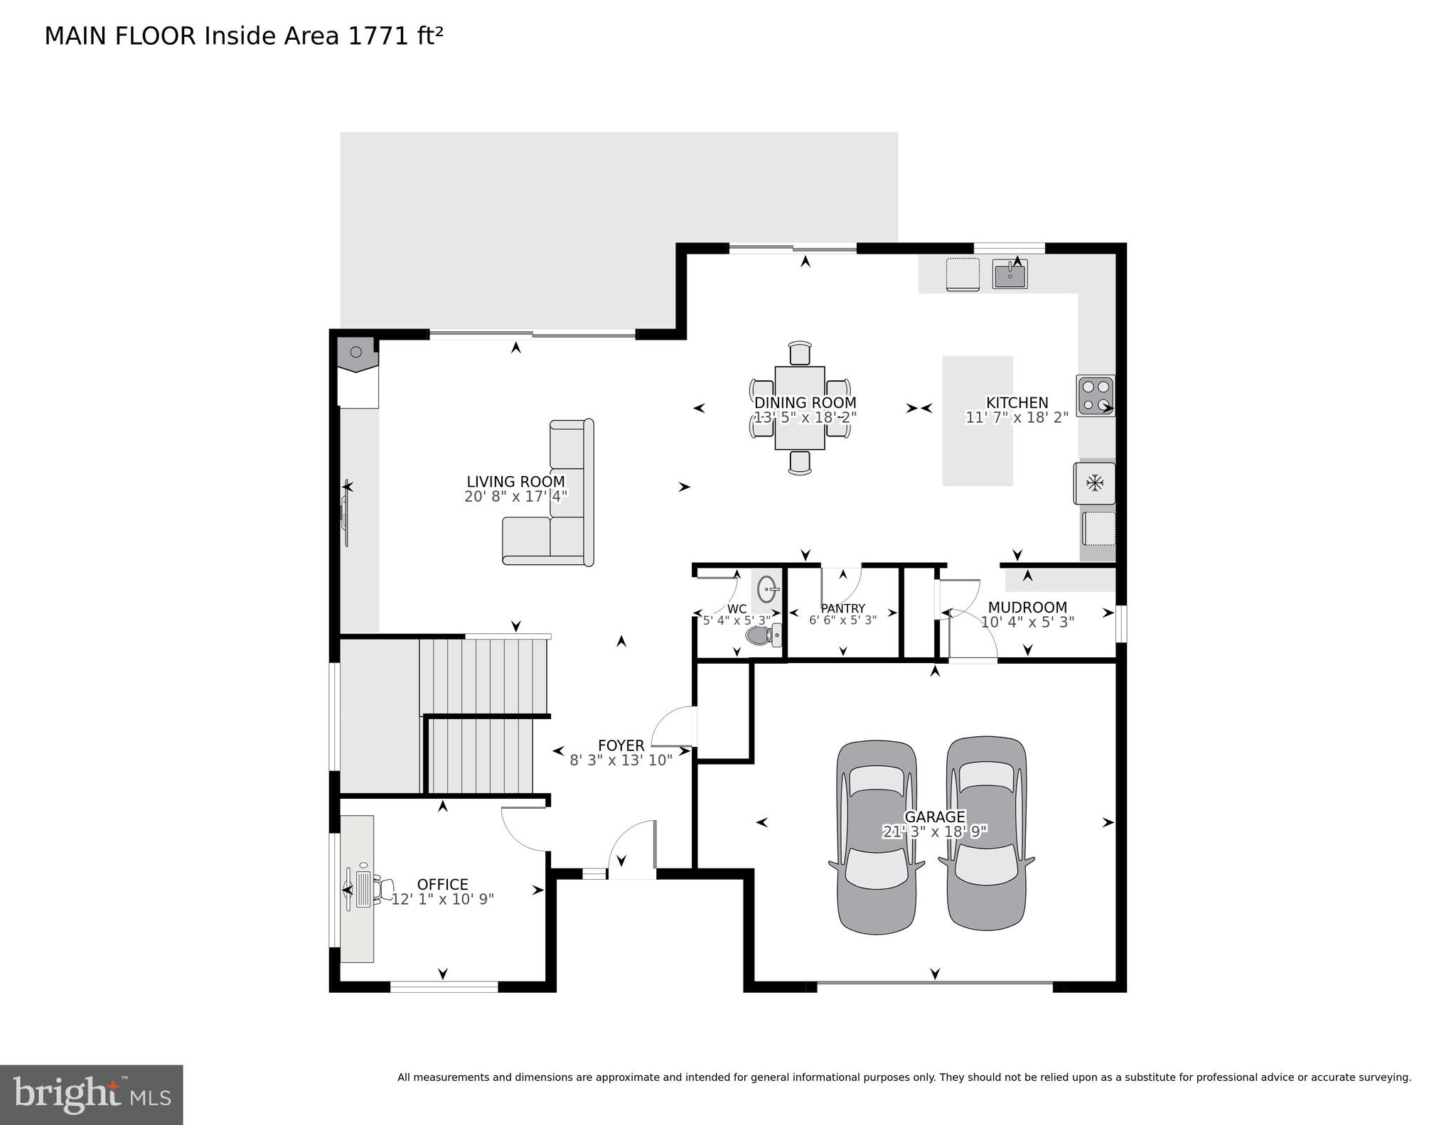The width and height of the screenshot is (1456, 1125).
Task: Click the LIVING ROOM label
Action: pyautogui.click(x=515, y=481)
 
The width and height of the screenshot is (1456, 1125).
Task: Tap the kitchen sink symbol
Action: pyautogui.click(x=1010, y=274)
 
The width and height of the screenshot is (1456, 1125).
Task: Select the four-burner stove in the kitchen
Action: pyautogui.click(x=1095, y=396)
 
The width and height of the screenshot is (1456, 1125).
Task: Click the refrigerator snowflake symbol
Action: pyautogui.click(x=1094, y=483)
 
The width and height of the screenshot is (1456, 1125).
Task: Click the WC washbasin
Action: pyautogui.click(x=767, y=588)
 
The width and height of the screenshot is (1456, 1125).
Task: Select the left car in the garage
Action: pyautogui.click(x=876, y=837)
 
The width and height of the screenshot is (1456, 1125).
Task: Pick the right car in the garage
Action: pyautogui.click(x=986, y=833)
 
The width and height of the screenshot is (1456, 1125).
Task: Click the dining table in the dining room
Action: pyautogui.click(x=800, y=408)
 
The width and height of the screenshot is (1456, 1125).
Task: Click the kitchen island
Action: pyautogui.click(x=977, y=421)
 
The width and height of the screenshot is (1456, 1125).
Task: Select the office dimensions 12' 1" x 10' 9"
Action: pyautogui.click(x=442, y=899)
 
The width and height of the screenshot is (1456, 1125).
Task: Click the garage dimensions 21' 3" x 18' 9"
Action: pyautogui.click(x=934, y=831)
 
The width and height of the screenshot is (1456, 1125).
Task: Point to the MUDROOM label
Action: pyautogui.click(x=1027, y=607)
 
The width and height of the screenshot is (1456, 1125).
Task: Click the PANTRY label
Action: pyautogui.click(x=842, y=608)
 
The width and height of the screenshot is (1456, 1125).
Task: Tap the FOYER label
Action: pyautogui.click(x=621, y=745)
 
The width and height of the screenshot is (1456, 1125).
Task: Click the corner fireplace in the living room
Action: pyautogui.click(x=358, y=354)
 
